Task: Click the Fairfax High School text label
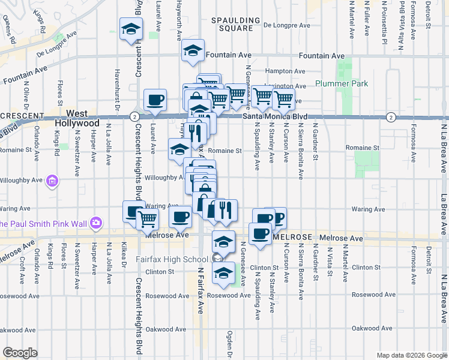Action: click(171, 259)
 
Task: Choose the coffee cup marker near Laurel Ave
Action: click(155, 100)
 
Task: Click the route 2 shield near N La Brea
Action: click(391, 116)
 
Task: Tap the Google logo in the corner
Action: click(20, 353)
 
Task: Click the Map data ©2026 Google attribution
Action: click(412, 355)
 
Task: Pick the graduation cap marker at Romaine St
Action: click(179, 150)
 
